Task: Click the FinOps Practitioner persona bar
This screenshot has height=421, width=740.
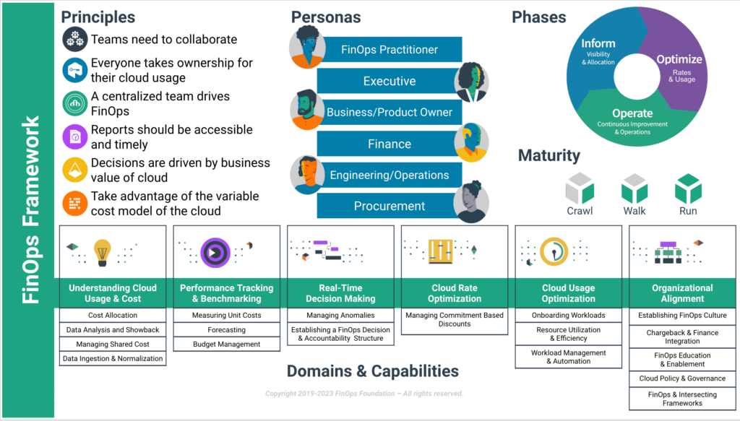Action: (390, 50)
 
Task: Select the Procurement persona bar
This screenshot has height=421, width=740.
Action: (390, 206)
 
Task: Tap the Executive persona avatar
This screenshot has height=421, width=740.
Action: (471, 81)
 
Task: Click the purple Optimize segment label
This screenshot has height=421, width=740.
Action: (679, 59)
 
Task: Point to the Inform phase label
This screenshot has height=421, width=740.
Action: (598, 44)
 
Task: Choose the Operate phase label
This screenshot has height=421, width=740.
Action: (632, 113)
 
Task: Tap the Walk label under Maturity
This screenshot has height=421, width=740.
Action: (634, 211)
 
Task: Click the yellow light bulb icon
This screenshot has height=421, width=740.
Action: (102, 251)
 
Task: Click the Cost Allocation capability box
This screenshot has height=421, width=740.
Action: (113, 316)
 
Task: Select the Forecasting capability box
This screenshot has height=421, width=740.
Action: (226, 330)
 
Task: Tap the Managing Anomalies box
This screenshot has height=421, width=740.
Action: (340, 316)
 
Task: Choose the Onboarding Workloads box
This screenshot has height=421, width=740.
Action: (568, 316)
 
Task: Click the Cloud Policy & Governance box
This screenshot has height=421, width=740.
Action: (682, 378)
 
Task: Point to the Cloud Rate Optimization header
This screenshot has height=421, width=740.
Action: (455, 293)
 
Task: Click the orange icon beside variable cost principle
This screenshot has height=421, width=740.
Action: (74, 204)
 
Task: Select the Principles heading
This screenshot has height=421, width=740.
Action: (98, 17)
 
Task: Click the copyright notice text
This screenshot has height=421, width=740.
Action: (363, 394)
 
